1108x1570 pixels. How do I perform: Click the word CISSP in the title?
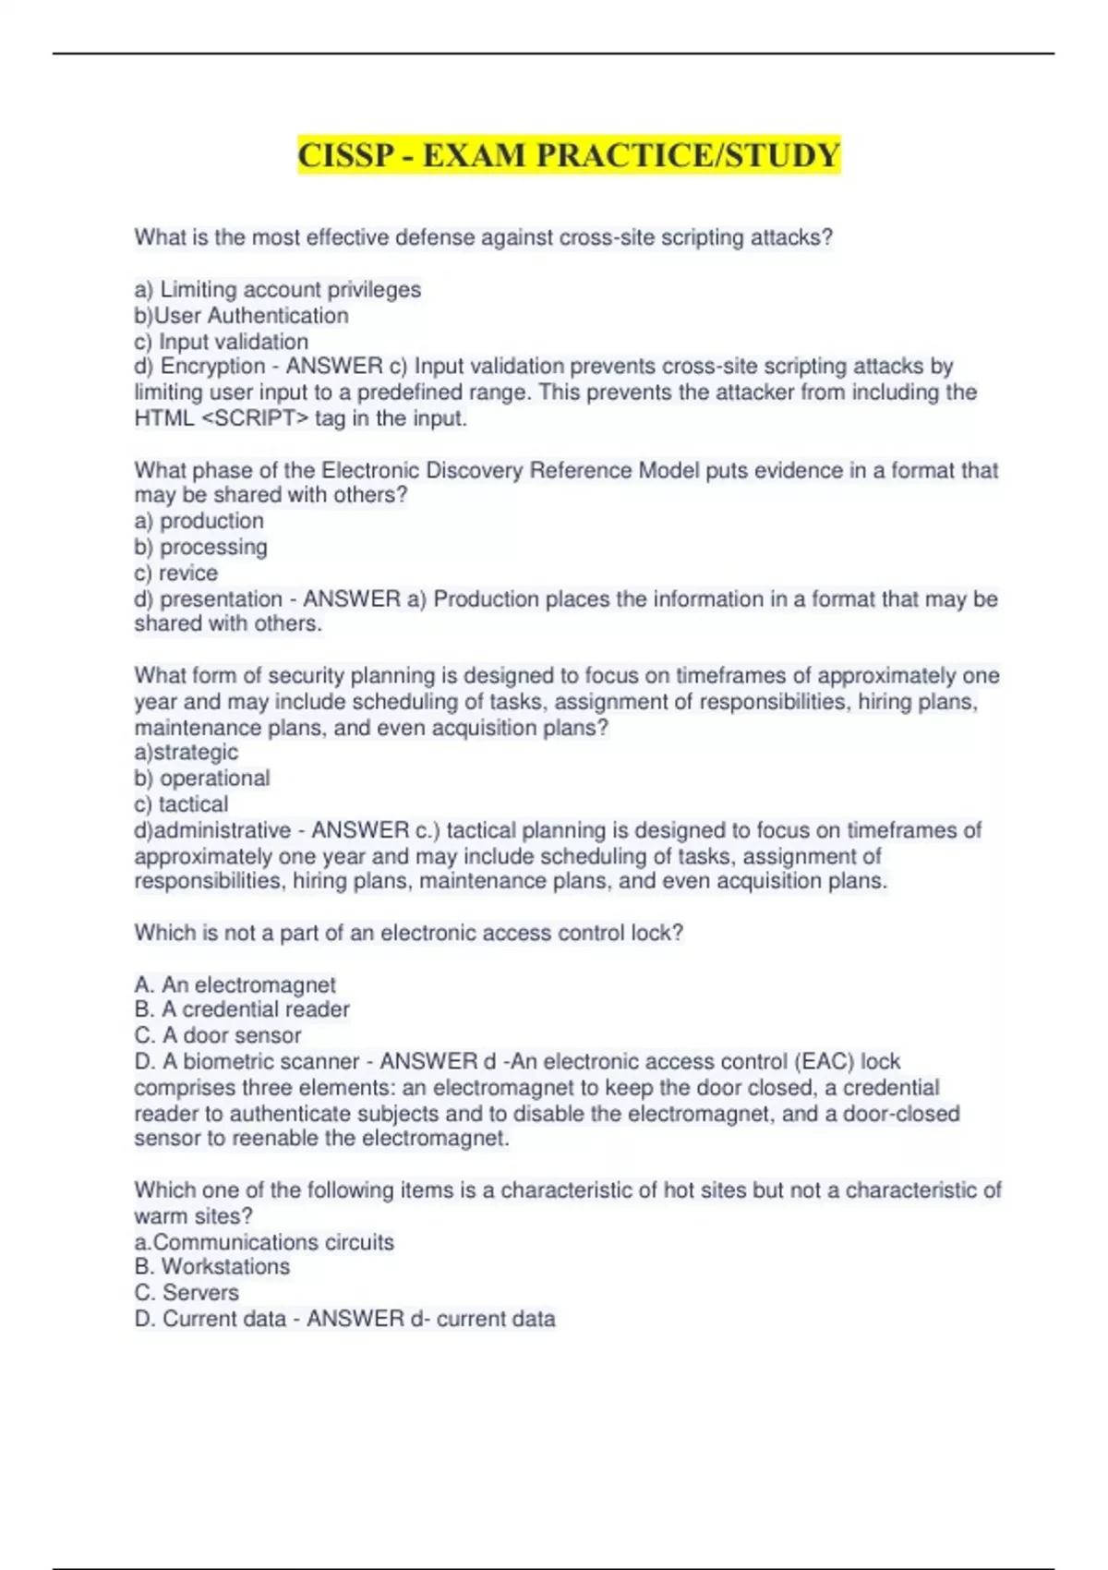coord(345,155)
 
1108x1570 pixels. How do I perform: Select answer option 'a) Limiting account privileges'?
coord(278,290)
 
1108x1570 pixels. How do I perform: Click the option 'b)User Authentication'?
coord(242,316)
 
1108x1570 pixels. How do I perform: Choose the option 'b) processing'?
coord(201,547)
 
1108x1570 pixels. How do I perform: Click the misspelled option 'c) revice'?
coord(176,573)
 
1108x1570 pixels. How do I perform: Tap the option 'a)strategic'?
coord(187,753)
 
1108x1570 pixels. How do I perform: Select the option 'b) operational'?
coord(202,779)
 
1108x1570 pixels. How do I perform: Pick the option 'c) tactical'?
coord(181,804)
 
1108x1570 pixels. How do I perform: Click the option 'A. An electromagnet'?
coord(235,984)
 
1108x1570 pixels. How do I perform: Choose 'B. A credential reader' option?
coord(242,1009)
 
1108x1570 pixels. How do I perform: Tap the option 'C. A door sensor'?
coord(218,1035)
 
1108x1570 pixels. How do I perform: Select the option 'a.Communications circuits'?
coord(264,1242)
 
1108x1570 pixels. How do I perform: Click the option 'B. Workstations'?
coord(212,1267)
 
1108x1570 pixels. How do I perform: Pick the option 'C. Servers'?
coord(187,1293)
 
